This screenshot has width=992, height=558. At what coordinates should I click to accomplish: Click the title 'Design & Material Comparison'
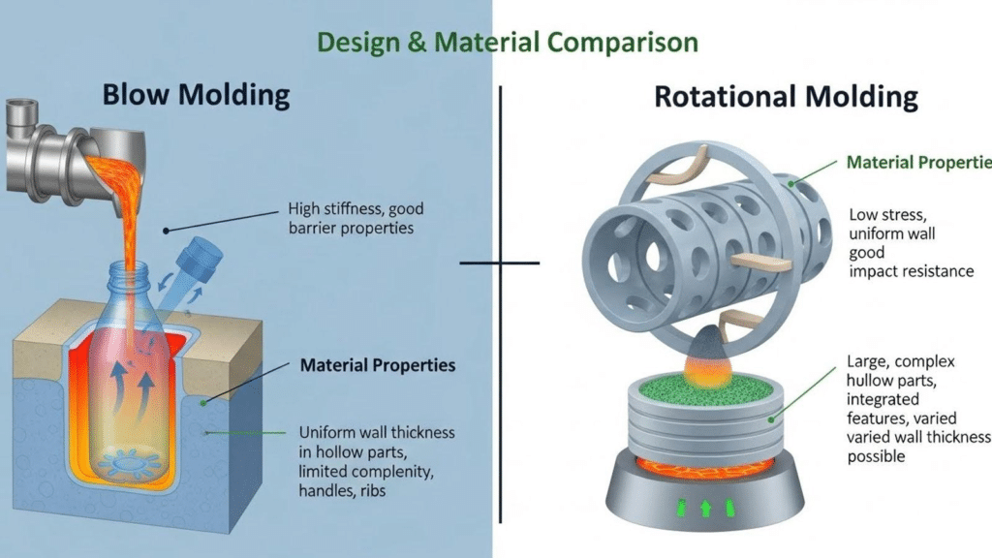(507, 43)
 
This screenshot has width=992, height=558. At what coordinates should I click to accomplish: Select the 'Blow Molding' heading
(196, 95)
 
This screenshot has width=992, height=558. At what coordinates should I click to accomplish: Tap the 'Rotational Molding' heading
(786, 96)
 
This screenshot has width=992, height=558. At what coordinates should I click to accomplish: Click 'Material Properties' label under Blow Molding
(378, 366)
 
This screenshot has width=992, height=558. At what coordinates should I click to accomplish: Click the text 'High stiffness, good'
(356, 208)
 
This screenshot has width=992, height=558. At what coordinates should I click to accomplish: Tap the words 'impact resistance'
(911, 271)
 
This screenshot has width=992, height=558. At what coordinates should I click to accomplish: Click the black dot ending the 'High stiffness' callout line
(167, 231)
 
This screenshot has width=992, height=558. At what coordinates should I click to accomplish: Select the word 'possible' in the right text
(876, 455)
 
